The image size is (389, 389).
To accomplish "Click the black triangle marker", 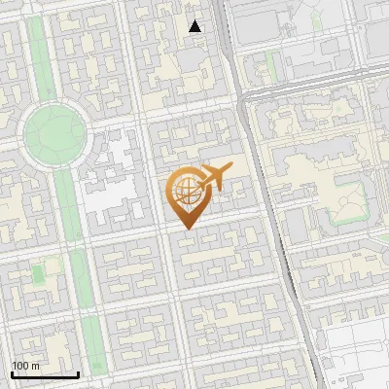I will coord(195,26).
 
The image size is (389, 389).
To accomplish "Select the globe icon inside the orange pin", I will coord(185,192).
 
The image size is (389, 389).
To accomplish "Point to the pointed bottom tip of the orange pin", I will coord(186,229).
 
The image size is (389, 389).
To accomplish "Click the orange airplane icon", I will coord(214,179).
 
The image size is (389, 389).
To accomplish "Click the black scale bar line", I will coord(45,374).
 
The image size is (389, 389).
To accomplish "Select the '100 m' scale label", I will coord(25,366).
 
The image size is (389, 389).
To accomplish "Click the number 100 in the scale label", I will coord(21,366).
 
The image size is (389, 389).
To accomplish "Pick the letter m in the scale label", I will coord(35,366).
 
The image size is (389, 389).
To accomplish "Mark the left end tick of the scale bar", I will coord(12,372).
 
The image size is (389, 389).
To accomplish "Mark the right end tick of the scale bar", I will coord(78,372).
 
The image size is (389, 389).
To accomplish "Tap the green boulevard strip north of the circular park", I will coord(40,58).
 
